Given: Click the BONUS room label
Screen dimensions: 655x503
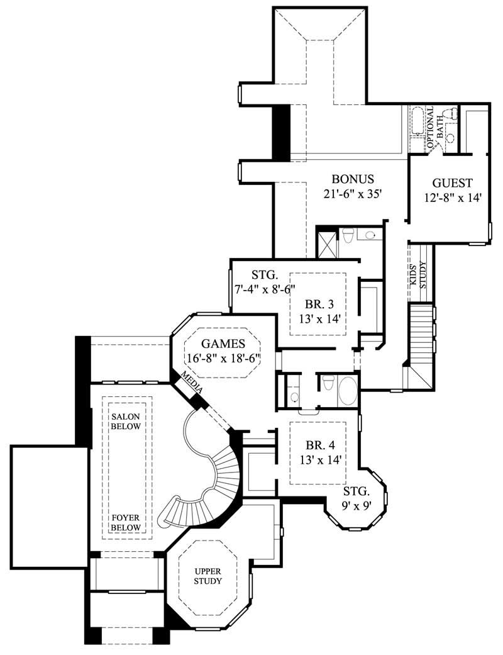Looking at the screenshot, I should tap(353, 179).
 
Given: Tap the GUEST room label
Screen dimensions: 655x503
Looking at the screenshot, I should tap(452, 183).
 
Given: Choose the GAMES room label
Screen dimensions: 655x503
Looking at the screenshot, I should tap(223, 344).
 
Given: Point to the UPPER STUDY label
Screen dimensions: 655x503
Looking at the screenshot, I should tap(207, 576).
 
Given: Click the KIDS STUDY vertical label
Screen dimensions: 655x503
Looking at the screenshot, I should tap(418, 277).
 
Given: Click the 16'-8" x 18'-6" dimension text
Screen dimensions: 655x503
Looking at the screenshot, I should tap(223, 358).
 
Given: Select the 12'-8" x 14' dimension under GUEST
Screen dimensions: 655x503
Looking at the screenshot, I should tap(452, 198).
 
